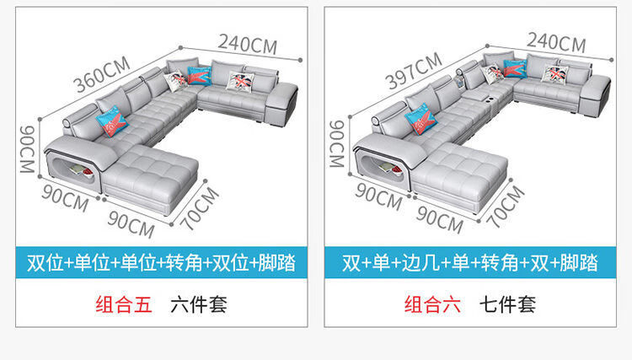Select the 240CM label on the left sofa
point(247,40)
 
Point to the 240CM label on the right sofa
point(556,41)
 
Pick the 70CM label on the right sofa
point(507,207)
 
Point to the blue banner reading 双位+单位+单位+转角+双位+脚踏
point(161,262)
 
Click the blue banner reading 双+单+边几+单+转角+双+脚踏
point(470,262)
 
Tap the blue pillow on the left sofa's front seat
point(111,124)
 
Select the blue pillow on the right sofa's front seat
point(420,118)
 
